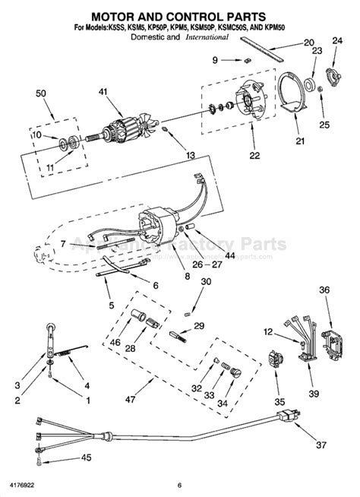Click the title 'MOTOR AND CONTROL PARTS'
click(x=179, y=15)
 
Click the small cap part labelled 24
click(x=331, y=77)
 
